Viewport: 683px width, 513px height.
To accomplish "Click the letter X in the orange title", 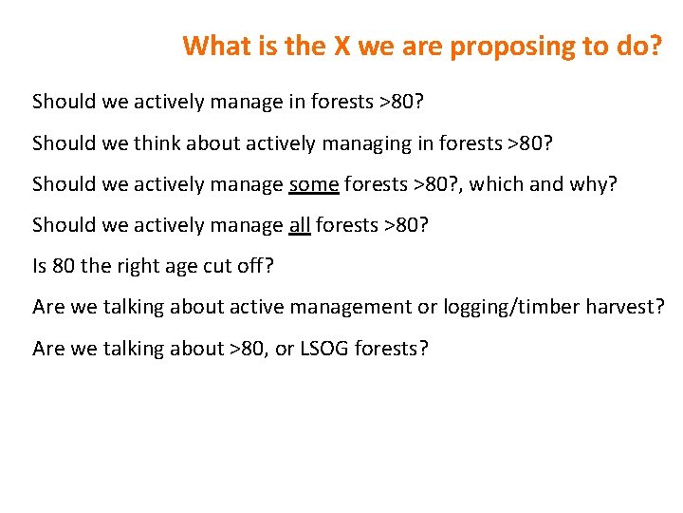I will [342, 46].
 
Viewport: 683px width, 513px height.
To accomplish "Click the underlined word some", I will [313, 184].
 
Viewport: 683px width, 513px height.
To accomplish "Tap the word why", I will [590, 184].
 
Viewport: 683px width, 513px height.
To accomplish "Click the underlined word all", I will [299, 225].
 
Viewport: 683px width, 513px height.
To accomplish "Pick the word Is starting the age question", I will [40, 266].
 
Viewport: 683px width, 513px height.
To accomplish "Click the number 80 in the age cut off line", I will [64, 266].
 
